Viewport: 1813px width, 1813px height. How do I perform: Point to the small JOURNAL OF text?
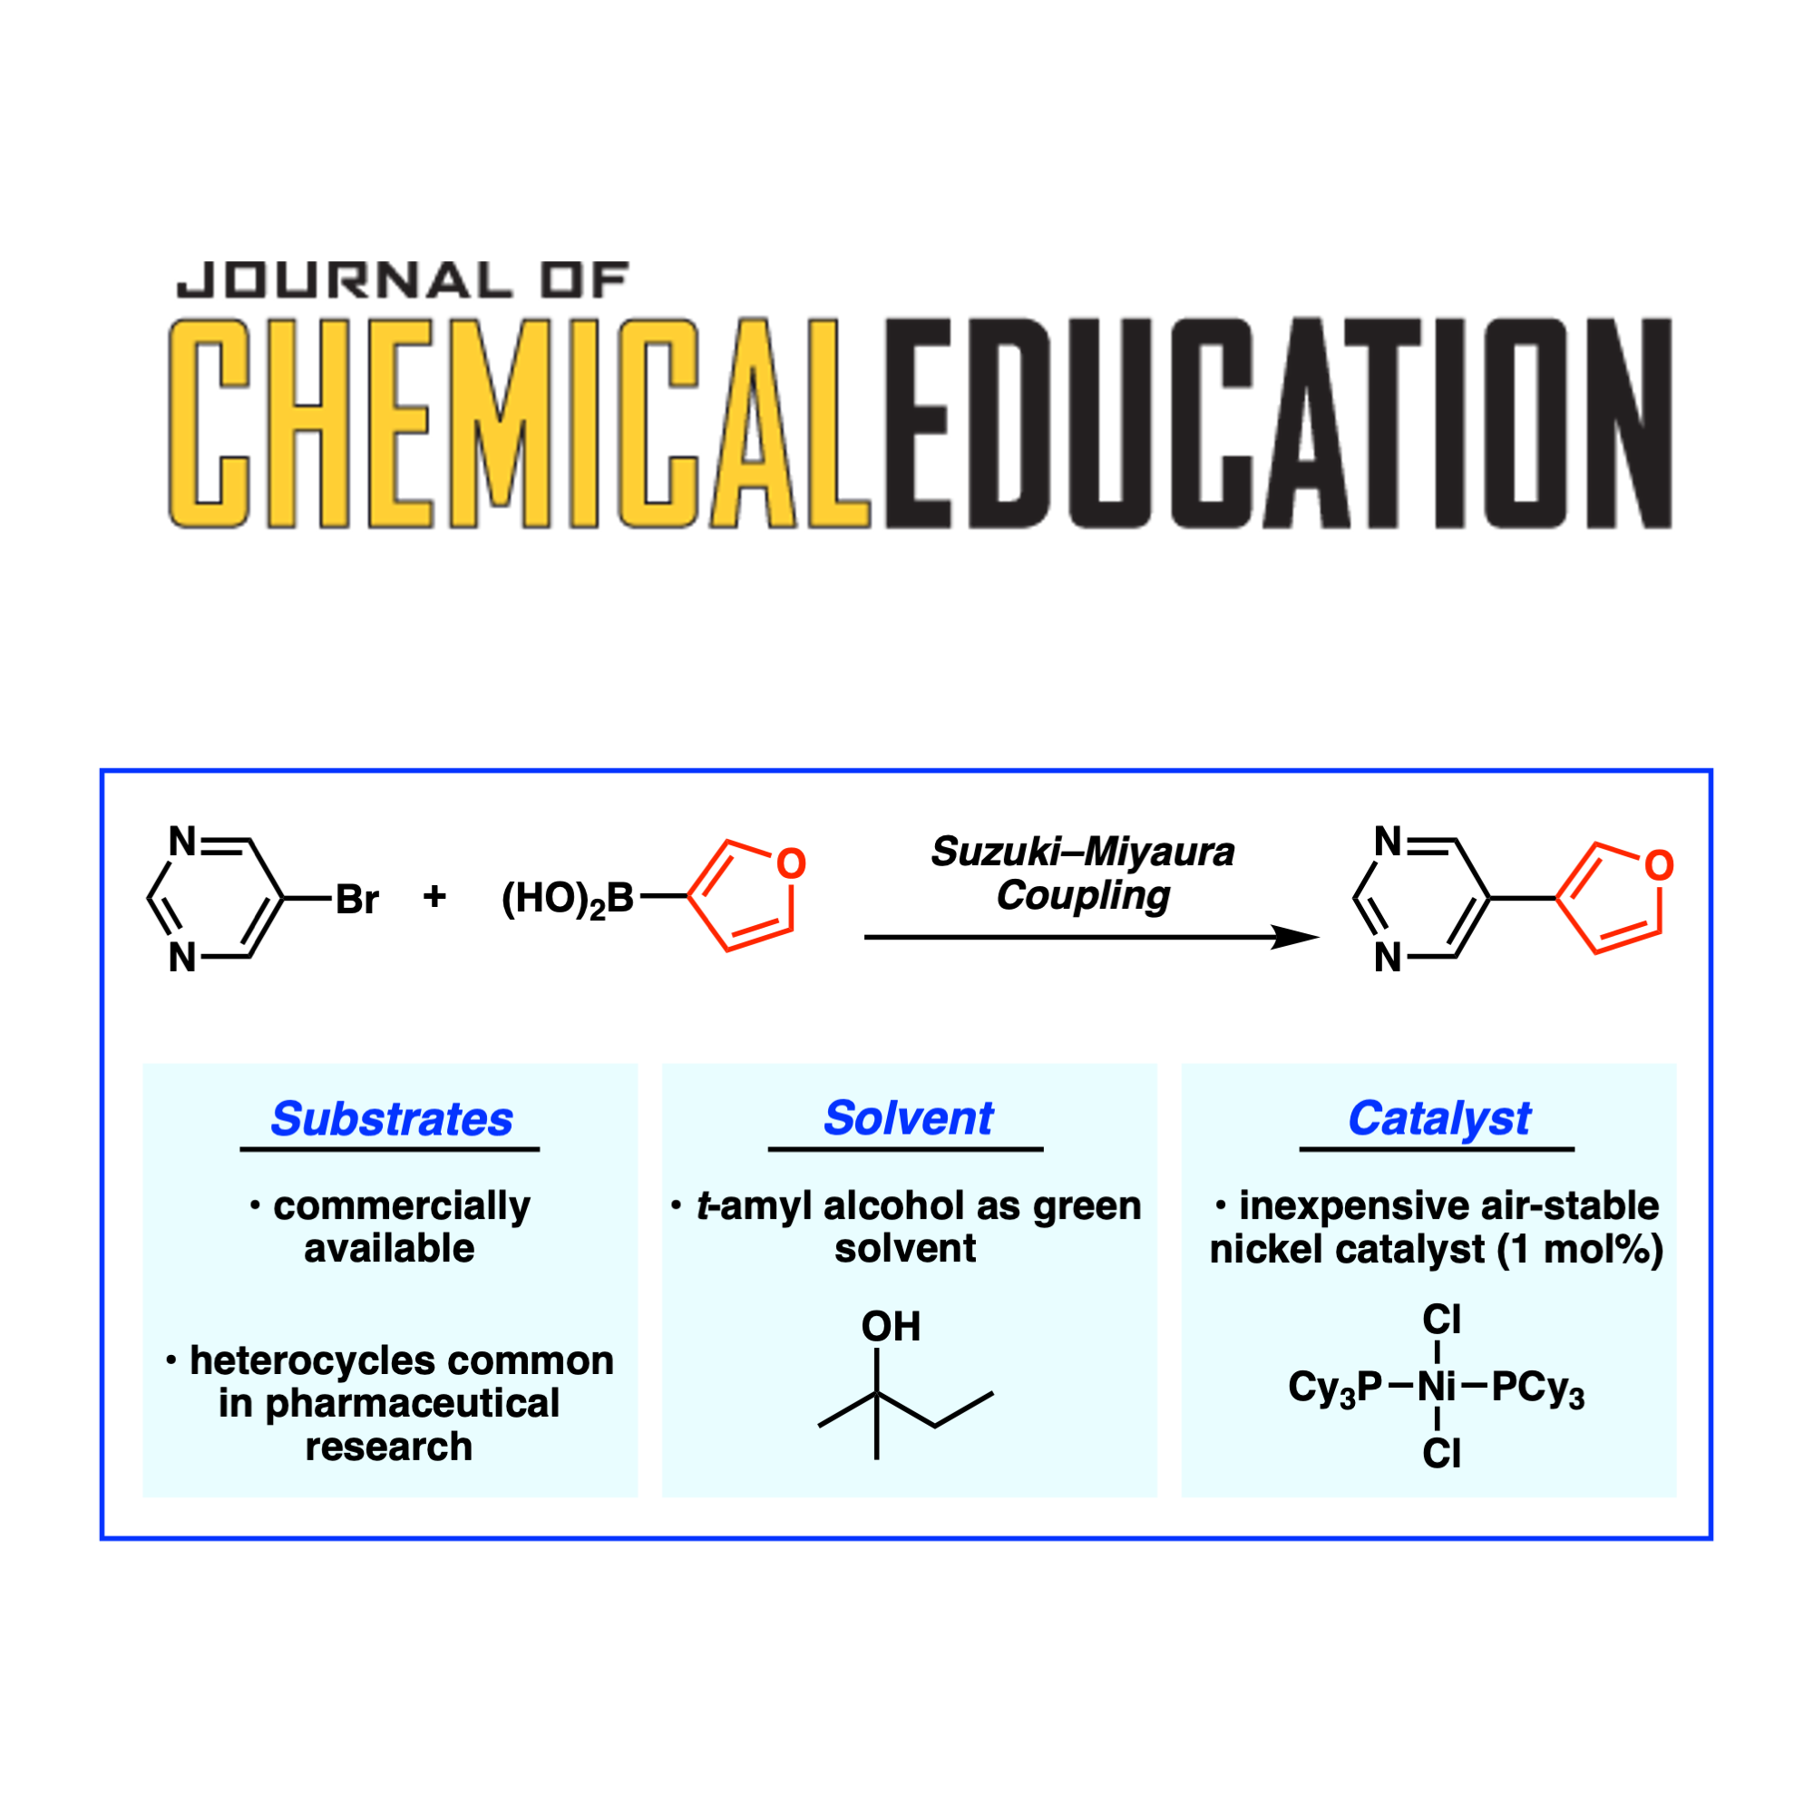tap(403, 280)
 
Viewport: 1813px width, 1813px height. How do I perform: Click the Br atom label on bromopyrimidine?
tap(356, 900)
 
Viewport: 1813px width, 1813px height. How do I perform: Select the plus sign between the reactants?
tap(434, 897)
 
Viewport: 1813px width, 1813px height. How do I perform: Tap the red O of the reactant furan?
tap(791, 863)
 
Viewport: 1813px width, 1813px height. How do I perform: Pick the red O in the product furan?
tap(1659, 865)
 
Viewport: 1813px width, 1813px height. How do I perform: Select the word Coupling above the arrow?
tap(1083, 895)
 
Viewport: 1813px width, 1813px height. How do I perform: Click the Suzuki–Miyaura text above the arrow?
tap(1083, 852)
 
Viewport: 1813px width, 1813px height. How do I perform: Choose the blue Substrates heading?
tap(391, 1118)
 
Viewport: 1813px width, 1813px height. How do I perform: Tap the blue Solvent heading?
tap(908, 1117)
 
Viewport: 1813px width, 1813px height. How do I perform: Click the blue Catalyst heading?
tap(1438, 1117)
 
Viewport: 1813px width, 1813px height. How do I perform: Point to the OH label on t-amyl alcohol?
tap(891, 1327)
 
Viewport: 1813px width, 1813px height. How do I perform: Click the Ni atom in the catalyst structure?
tap(1436, 1386)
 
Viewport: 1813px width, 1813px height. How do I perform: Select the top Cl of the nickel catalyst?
tap(1441, 1321)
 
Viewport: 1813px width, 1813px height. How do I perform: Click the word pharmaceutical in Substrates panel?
tap(412, 1404)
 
